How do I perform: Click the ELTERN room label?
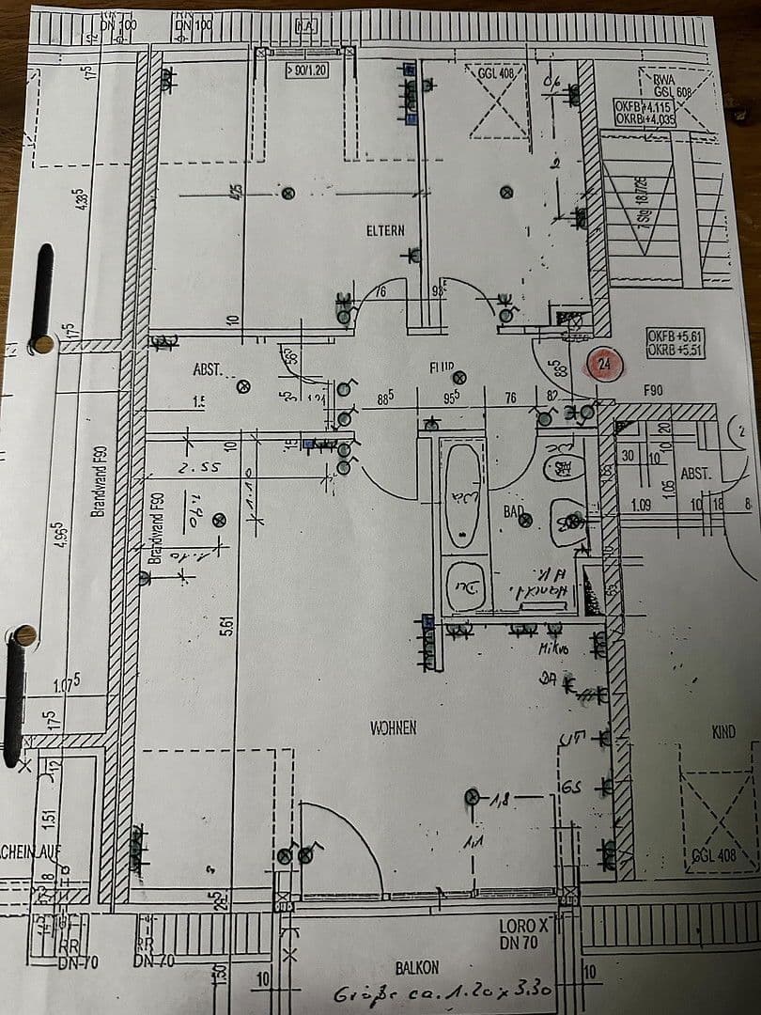386,230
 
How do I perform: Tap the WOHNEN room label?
394,727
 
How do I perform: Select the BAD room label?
513,512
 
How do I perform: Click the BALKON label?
416,967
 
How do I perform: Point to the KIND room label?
723,731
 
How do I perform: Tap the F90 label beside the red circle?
654,389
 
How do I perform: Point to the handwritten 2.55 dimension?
199,466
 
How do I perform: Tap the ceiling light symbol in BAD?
526,519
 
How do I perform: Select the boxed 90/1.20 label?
305,70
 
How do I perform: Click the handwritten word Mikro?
551,648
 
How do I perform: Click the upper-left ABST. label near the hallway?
208,370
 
